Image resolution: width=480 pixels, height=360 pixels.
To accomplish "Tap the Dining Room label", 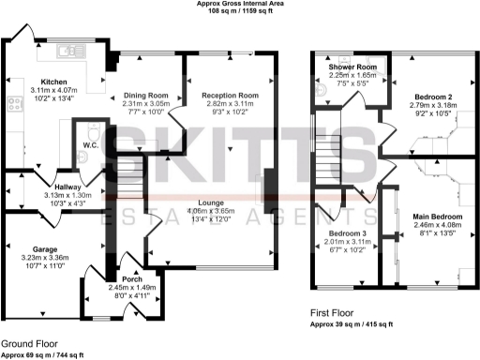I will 146,95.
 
